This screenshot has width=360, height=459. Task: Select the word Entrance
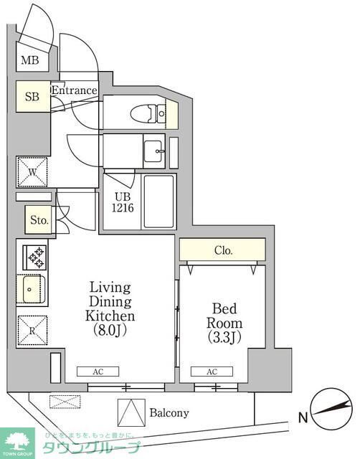click(x=74, y=90)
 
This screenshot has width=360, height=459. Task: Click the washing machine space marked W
click(x=32, y=171)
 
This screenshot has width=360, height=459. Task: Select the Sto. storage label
click(x=39, y=221)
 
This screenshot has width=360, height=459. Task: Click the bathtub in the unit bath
click(x=158, y=202)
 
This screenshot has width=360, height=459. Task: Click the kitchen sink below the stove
click(x=32, y=290)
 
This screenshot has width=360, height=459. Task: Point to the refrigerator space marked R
click(x=32, y=331)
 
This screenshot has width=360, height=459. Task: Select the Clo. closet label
click(x=223, y=251)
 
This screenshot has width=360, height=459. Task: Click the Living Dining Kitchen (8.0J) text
click(x=110, y=309)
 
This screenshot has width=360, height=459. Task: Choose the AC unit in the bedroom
click(x=213, y=372)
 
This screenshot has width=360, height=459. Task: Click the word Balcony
click(x=169, y=413)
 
